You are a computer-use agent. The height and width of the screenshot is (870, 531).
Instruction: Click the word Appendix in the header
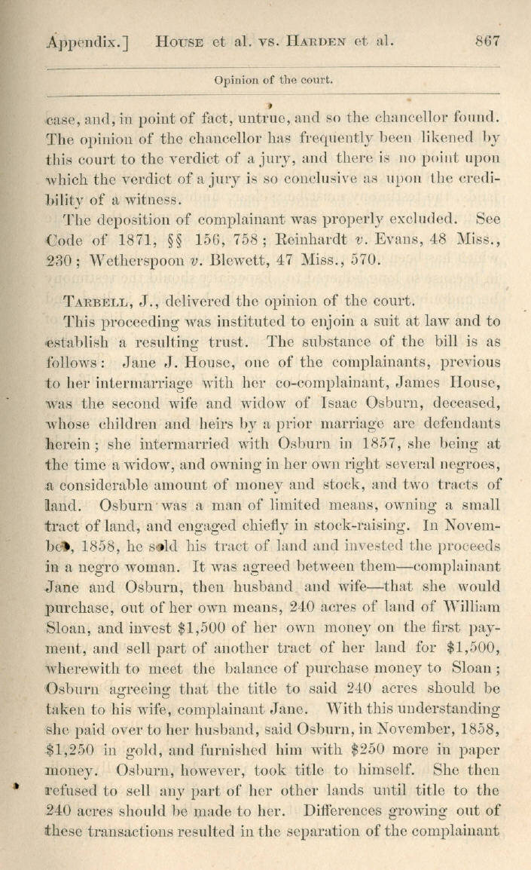(84, 43)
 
